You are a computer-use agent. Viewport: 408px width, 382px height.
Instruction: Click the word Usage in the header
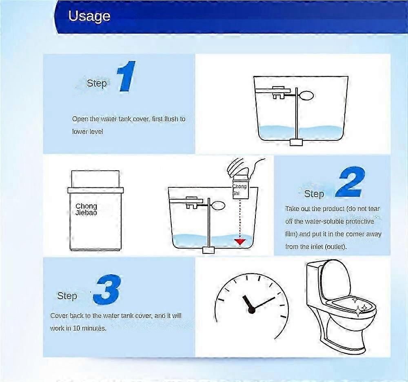tap(89, 16)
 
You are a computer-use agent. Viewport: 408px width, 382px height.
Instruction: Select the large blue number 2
tap(350, 182)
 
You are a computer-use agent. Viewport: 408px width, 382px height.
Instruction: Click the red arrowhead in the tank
tap(240, 242)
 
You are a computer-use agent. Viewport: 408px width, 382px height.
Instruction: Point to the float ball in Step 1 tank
tap(306, 95)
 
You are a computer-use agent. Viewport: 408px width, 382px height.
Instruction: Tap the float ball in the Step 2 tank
tap(218, 206)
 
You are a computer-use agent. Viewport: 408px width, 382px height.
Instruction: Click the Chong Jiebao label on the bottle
tap(86, 209)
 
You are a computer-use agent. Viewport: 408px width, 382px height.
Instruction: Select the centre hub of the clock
tap(252, 310)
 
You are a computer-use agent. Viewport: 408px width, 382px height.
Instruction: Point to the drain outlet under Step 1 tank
tap(296, 142)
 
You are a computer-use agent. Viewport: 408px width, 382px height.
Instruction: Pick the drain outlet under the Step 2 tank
tap(208, 250)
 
